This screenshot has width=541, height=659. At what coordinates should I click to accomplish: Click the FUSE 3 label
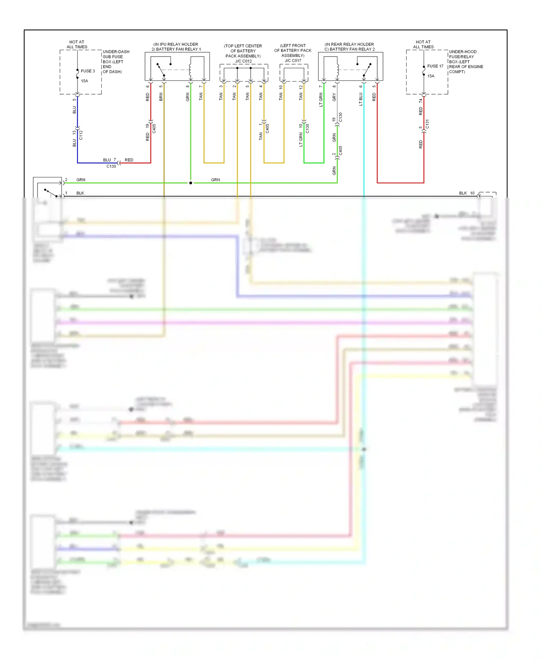coord(88,71)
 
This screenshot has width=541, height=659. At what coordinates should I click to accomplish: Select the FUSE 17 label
coord(435,66)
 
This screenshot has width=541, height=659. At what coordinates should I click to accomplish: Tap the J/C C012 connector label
coord(243,61)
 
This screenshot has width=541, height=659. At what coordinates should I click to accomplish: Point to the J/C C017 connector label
coord(293,61)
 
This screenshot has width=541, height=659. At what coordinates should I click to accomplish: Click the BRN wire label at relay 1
coord(161,97)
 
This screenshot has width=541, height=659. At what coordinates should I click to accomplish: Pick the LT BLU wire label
coord(360,99)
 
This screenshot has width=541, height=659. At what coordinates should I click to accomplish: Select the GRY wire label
coord(334,97)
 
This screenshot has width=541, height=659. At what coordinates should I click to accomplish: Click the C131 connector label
coord(427,124)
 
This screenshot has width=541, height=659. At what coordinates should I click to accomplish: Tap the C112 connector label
coord(81,135)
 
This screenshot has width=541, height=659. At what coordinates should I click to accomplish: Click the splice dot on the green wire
coord(191,183)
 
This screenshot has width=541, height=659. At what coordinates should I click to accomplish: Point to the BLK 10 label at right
coord(467,193)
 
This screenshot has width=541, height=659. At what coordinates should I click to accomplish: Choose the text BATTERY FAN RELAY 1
coord(178,49)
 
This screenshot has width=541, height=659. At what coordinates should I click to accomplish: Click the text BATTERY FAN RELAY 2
coord(352,49)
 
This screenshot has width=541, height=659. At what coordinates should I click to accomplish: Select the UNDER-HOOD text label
coord(463,52)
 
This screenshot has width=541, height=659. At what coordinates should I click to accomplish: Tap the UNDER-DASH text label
coord(116,52)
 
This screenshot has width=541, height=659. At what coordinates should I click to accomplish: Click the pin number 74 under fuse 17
coord(421,101)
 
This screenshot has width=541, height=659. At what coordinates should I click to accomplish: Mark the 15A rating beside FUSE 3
coord(84,81)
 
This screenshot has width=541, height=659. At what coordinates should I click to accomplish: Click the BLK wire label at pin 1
coord(80,193)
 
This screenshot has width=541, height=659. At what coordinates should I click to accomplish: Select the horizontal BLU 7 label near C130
coord(109,160)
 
